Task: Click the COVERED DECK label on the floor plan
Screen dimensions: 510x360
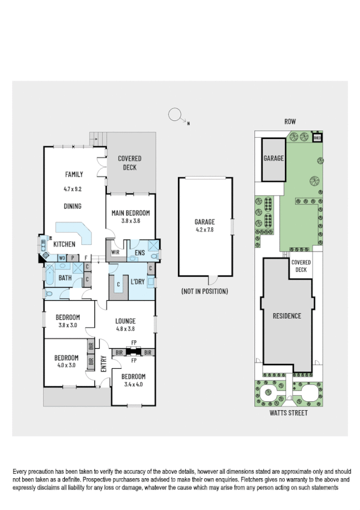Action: click(x=130, y=162)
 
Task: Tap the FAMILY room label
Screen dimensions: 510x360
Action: click(x=74, y=174)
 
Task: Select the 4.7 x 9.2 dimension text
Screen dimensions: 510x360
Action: click(x=73, y=189)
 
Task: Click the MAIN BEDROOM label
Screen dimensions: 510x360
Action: click(x=130, y=213)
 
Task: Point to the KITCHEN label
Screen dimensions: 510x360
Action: click(x=64, y=244)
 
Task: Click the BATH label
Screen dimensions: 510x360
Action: click(x=65, y=278)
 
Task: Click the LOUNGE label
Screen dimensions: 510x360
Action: click(x=125, y=321)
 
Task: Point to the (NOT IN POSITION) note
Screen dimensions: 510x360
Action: click(x=204, y=291)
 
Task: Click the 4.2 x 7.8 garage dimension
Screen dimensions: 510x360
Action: click(x=204, y=229)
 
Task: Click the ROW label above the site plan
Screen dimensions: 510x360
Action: click(x=290, y=121)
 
